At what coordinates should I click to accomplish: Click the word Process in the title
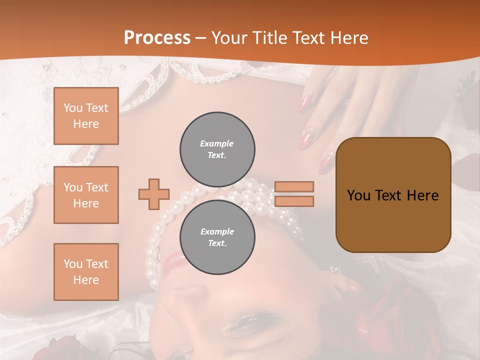point(157,38)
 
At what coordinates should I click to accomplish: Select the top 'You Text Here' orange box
point(86,116)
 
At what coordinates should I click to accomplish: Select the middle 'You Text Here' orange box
point(86,195)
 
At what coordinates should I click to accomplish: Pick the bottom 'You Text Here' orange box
point(86,271)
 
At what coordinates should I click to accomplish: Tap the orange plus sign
point(154,194)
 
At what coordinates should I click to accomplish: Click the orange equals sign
point(294,194)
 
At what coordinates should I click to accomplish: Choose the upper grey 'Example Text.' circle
point(217,149)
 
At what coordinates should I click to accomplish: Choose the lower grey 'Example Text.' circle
point(217,237)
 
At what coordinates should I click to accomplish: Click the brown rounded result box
point(393,195)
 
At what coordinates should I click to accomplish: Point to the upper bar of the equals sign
point(294,186)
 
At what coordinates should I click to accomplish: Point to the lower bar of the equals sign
point(294,201)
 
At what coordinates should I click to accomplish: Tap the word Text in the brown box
point(392,195)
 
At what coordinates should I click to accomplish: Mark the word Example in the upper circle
point(217,143)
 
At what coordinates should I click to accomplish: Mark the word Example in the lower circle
point(217,231)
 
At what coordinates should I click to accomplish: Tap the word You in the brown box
point(358,195)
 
